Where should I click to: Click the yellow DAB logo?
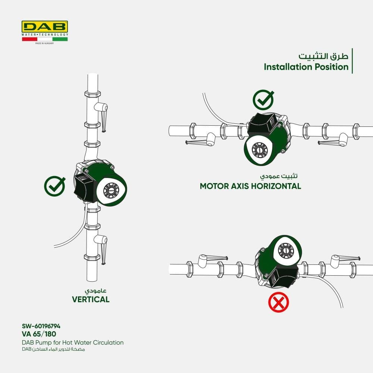pyautogui.click(x=45, y=26)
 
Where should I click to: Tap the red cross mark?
pyautogui.click(x=279, y=302)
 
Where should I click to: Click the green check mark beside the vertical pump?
pyautogui.click(x=55, y=186)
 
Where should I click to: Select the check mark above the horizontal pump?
pyautogui.click(x=263, y=100)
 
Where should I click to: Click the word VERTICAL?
pyautogui.click(x=91, y=299)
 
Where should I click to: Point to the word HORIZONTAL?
pyautogui.click(x=276, y=186)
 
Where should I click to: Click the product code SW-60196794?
pyautogui.click(x=41, y=326)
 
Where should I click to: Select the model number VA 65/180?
pyautogui.click(x=39, y=334)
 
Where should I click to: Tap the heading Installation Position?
pyautogui.click(x=306, y=67)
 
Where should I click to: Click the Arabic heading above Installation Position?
pyautogui.click(x=323, y=56)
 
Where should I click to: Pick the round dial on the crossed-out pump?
pyautogui.click(x=286, y=251)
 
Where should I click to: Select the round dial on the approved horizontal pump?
pyautogui.click(x=260, y=150)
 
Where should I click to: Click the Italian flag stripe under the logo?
pyautogui.click(x=45, y=39)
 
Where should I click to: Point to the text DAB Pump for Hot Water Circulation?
pyautogui.click(x=73, y=342)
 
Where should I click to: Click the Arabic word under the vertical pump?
pyautogui.click(x=95, y=291)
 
